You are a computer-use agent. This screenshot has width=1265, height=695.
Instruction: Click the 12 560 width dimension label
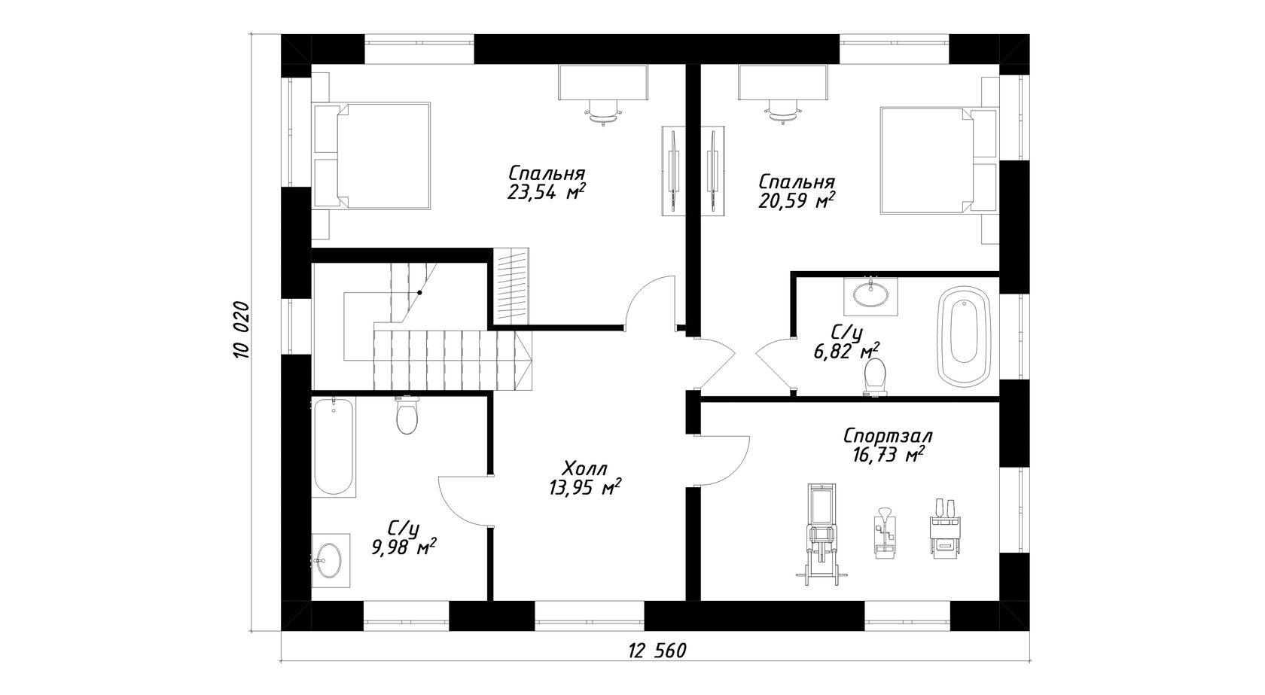pos(657,651)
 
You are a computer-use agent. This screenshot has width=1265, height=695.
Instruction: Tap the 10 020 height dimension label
pos(241,331)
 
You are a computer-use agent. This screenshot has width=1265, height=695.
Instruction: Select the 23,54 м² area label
pos(545,193)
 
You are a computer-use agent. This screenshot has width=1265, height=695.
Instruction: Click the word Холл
pos(585,468)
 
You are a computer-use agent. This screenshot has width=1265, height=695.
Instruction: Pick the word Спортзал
pos(888,436)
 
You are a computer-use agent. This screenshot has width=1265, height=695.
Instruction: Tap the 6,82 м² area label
pos(846,352)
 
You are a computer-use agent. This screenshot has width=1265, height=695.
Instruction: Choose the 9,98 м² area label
pos(404,547)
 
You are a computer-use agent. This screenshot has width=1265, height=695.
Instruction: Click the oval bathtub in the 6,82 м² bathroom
pos(964,337)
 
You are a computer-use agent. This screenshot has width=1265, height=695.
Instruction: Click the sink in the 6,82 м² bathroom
pos(870,294)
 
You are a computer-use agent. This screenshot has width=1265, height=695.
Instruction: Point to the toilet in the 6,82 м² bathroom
pos(875,377)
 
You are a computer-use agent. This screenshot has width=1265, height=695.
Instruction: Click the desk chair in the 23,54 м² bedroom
pos(604,111)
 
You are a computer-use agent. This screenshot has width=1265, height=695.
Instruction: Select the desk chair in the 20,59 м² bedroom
pos(783,111)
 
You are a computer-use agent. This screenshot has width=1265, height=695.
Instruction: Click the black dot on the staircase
pos(419,292)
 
